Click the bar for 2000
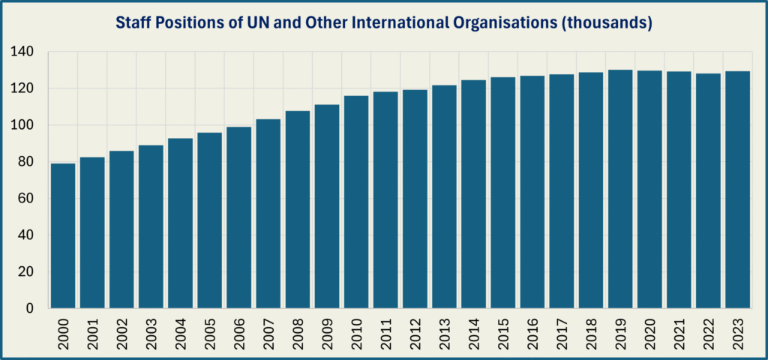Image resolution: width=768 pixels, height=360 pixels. click(62, 235)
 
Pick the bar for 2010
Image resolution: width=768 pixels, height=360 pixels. click(355, 202)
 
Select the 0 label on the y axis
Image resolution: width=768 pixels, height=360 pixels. click(31, 308)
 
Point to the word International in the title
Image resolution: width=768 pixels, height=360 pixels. click(402, 24)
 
